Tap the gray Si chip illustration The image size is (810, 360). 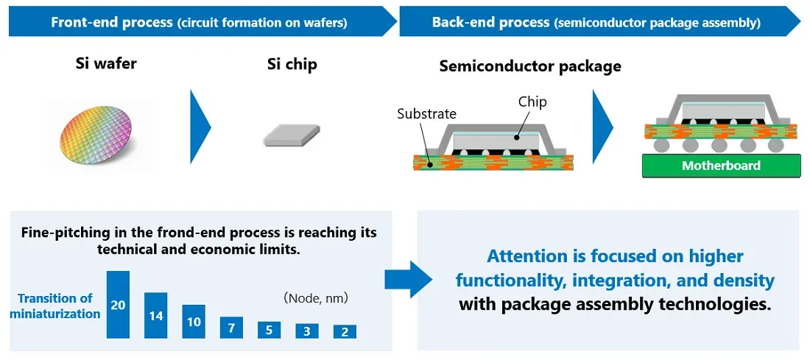pyautogui.click(x=292, y=135)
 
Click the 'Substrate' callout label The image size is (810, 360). pyautogui.click(x=426, y=114)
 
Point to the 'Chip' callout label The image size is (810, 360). pyautogui.click(x=532, y=102)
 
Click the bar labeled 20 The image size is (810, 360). pyautogui.click(x=118, y=305)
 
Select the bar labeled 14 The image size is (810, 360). pyautogui.click(x=156, y=315)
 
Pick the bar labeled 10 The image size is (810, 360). pyautogui.click(x=194, y=322)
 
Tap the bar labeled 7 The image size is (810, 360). pyautogui.click(x=231, y=328)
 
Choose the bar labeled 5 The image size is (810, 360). pyautogui.click(x=269, y=331)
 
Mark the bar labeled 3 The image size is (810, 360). pyautogui.click(x=307, y=331)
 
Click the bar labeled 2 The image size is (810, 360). pyautogui.click(x=345, y=332)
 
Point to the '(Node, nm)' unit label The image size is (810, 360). pyautogui.click(x=315, y=299)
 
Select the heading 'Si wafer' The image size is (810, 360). pyautogui.click(x=106, y=63)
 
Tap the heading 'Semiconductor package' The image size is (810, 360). pyautogui.click(x=530, y=66)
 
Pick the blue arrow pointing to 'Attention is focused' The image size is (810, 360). pyautogui.click(x=407, y=279)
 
